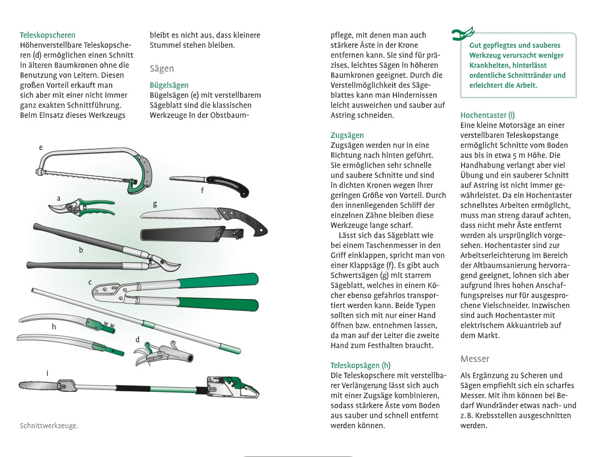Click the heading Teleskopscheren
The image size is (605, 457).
tap(48, 35)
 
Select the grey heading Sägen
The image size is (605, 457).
tap(162, 68)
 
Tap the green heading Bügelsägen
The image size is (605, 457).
tap(169, 85)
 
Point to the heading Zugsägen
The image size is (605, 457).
tap(347, 135)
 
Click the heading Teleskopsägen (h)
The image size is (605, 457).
tap(361, 365)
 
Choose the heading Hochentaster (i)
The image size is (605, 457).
tap(488, 115)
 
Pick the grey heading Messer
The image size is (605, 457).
tap(475, 359)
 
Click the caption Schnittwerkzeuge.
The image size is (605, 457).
tap(49, 426)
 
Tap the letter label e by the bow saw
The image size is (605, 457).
tap(41, 147)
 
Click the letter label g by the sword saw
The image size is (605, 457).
tap(155, 204)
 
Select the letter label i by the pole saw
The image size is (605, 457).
tap(47, 373)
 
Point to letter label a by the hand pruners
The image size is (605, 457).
tap(58, 198)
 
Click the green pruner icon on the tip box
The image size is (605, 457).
tap(463, 34)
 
